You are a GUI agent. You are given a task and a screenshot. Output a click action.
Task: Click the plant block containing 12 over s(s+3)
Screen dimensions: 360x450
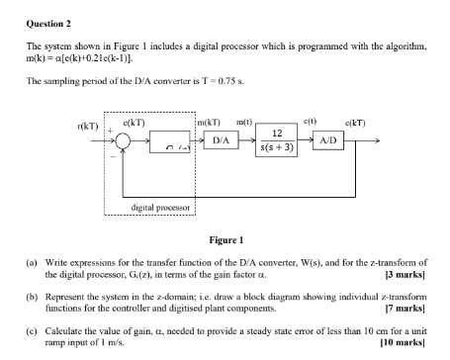280,141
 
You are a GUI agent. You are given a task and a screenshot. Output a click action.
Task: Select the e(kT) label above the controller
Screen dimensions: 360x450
135,119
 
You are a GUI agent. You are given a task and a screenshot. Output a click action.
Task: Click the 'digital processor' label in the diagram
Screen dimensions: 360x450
158,207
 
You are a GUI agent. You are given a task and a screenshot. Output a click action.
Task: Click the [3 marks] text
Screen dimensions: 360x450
405,274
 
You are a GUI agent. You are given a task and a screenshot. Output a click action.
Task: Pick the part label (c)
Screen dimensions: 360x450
31,331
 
